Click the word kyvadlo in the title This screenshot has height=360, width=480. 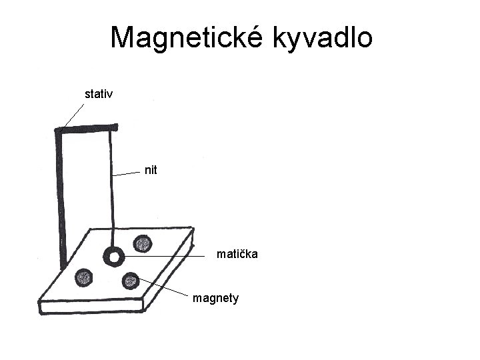322,39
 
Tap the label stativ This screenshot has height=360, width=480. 99,93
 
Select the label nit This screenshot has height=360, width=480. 151,170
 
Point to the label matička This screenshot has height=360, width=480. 237,254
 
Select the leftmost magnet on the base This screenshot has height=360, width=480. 84,277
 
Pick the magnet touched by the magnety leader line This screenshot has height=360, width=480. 131,280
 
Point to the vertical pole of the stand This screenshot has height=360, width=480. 62,200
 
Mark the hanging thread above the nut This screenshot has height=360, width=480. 112,187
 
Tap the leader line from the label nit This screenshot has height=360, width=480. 128,173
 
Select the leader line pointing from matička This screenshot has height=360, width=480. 167,256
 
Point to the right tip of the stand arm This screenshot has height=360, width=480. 115,127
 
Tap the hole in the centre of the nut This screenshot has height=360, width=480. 113,256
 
